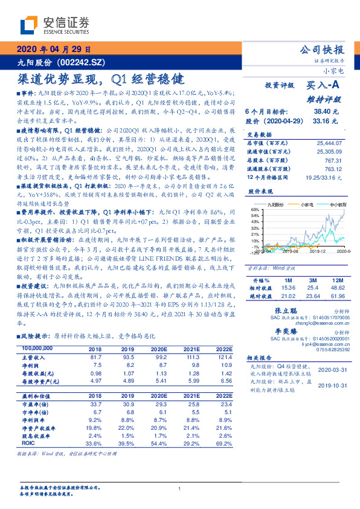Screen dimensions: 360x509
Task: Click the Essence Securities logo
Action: (54, 25)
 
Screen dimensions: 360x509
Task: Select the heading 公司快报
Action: (322, 50)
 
